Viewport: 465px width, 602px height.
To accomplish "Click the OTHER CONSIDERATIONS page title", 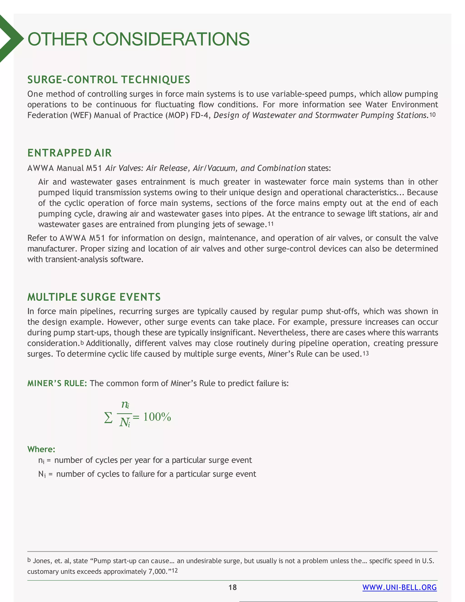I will click(x=139, y=39).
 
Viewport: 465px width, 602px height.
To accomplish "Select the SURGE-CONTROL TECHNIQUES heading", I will click(x=109, y=80).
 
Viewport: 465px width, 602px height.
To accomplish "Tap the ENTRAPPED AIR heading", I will click(x=69, y=153).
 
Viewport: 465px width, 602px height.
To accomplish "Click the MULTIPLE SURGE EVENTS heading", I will click(x=94, y=297).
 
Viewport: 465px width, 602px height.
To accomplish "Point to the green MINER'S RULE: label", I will click(x=57, y=383).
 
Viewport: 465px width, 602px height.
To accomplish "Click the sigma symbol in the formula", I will click(x=108, y=417).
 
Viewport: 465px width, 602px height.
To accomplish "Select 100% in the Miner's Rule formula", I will click(x=157, y=417).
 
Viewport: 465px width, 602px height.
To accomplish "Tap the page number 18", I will click(x=232, y=587).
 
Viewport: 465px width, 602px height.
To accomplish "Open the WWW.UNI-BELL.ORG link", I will click(x=399, y=587).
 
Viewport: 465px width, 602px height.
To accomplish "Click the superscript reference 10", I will click(x=433, y=114).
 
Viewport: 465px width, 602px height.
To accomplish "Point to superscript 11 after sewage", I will click(x=271, y=224).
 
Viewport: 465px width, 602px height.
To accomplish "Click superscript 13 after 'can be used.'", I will click(x=366, y=353).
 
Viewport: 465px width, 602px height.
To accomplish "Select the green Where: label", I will click(x=41, y=449).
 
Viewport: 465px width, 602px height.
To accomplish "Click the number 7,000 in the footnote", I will click(x=157, y=572).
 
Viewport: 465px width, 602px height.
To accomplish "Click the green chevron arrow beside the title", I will click(x=10, y=39).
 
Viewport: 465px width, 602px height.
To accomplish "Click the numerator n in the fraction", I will click(x=125, y=404).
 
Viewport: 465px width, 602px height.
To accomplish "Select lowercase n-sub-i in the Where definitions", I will click(x=41, y=461).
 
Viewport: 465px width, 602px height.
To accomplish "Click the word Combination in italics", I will click(x=281, y=168).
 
